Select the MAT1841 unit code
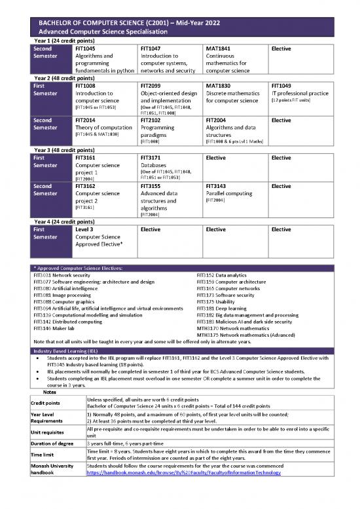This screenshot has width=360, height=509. [218, 48]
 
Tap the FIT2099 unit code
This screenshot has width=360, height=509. [151, 85]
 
